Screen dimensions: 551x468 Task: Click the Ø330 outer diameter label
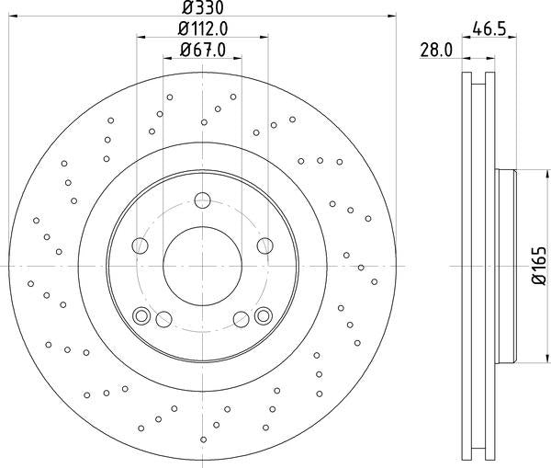(203, 7)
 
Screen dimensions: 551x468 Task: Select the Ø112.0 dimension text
(203, 29)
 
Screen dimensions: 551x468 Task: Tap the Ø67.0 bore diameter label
(203, 50)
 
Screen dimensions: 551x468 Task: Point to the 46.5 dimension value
(489, 29)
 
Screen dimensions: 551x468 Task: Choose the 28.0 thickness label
(436, 51)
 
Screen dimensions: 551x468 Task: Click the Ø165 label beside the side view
(539, 266)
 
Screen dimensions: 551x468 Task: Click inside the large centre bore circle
(202, 266)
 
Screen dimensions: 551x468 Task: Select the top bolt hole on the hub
(202, 200)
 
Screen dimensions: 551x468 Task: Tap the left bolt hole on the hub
(140, 245)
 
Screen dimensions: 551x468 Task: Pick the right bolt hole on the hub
(265, 245)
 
